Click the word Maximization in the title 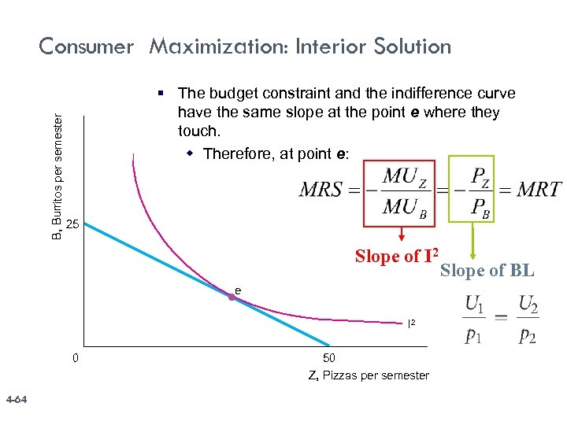coord(217,47)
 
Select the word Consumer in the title coord(87,47)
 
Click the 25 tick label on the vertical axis coord(72,225)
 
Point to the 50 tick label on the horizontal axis coord(329,359)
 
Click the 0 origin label coord(75,359)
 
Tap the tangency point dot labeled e coord(233,297)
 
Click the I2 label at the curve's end coord(411,323)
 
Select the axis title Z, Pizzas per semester coord(369,375)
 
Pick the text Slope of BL coord(487,271)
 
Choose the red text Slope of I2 coord(396,256)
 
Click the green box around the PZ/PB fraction coord(470,189)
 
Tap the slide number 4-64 coord(16,401)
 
